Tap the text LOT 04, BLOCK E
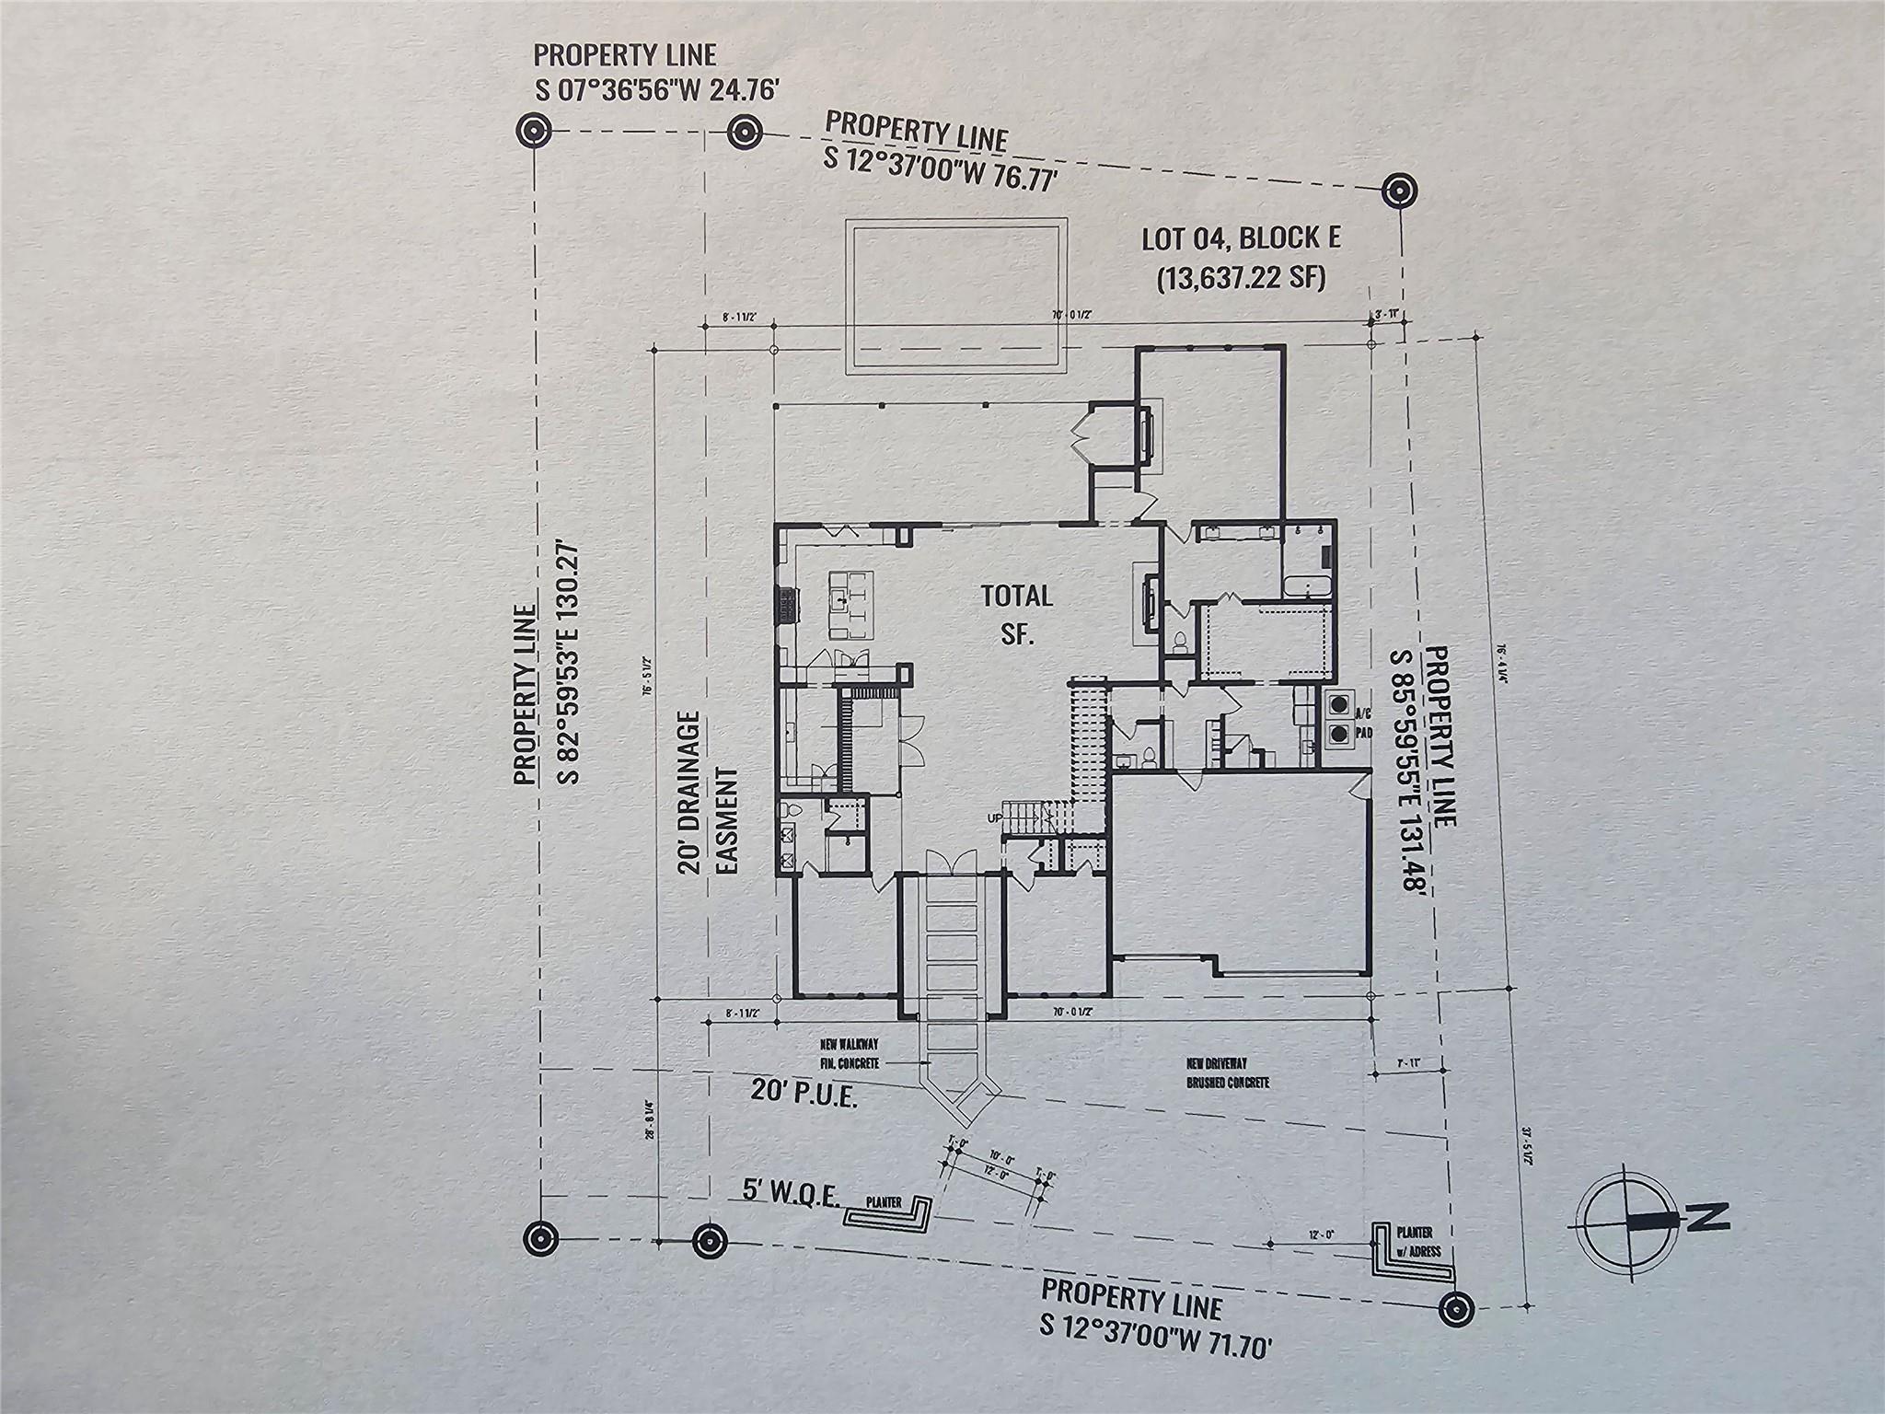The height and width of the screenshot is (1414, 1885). click(x=1241, y=238)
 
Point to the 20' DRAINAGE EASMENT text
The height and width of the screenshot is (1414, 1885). click(x=710, y=793)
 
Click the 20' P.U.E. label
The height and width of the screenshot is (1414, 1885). click(x=804, y=1092)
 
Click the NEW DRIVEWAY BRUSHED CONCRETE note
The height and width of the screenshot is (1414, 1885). click(x=1228, y=1073)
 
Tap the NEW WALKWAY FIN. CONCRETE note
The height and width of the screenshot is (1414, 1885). click(x=849, y=1054)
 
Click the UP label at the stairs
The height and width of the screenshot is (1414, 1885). click(x=994, y=817)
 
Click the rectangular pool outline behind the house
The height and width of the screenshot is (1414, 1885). click(x=956, y=295)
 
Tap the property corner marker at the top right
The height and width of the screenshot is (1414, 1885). click(x=1398, y=192)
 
